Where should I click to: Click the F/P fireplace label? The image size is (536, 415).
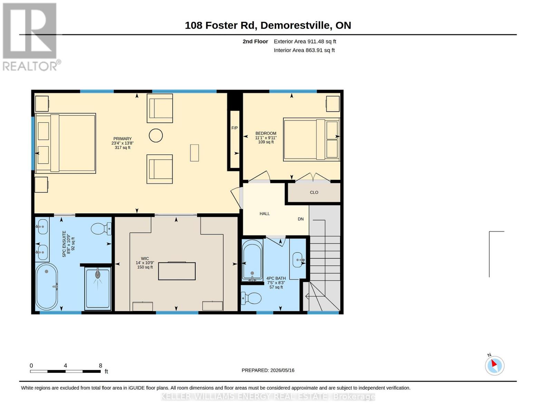234,128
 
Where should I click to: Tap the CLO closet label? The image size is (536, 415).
314,192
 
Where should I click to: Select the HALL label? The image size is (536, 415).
264,214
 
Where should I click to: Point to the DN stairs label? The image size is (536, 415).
300,219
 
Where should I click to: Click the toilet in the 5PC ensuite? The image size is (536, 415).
101,229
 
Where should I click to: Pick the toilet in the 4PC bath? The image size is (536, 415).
251,298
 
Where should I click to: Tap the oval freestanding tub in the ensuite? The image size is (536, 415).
47,286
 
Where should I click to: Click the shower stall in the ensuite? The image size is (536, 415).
98,289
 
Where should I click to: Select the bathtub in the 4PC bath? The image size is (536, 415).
252,260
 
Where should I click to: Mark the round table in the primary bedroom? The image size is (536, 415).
156,136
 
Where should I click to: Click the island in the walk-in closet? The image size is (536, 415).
177,271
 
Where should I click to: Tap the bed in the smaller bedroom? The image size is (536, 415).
312,139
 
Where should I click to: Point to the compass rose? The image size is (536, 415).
494,366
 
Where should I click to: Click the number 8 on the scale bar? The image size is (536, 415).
100,366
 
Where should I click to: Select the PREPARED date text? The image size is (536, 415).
268,370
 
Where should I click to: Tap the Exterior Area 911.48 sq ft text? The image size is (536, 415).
305,41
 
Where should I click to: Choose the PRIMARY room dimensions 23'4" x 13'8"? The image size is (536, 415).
122,143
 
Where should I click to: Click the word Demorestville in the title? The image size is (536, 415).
295,25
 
